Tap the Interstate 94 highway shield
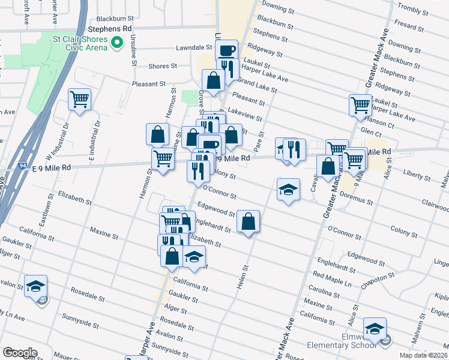(x=37, y=170)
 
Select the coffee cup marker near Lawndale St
(x=226, y=50)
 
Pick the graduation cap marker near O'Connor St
(x=288, y=190)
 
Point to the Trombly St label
(x=428, y=10)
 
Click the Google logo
(x=20, y=353)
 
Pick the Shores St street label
(x=163, y=66)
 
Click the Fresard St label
(x=410, y=27)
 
